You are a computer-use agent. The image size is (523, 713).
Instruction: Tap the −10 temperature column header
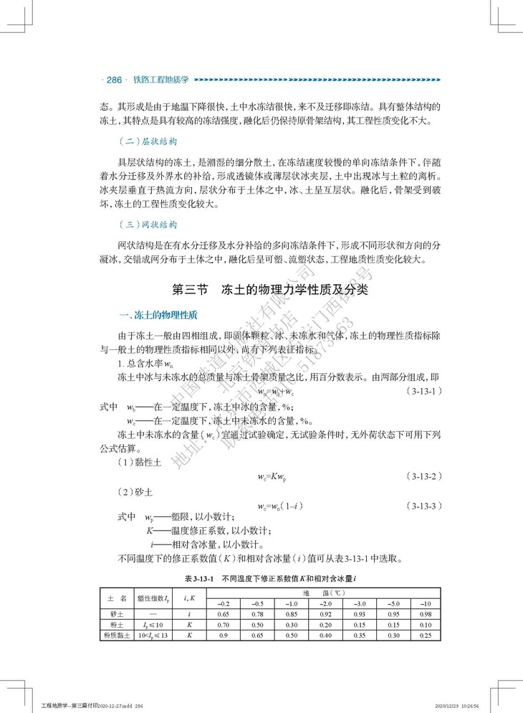pyautogui.click(x=426, y=604)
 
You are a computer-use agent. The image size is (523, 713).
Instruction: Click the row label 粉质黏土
pyautogui.click(x=114, y=635)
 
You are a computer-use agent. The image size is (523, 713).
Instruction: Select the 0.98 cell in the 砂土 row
pyautogui.click(x=426, y=614)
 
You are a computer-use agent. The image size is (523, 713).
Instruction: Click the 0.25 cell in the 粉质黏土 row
pyautogui.click(x=426, y=635)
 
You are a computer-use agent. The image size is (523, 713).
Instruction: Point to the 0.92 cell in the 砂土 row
pyautogui.click(x=325, y=614)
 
